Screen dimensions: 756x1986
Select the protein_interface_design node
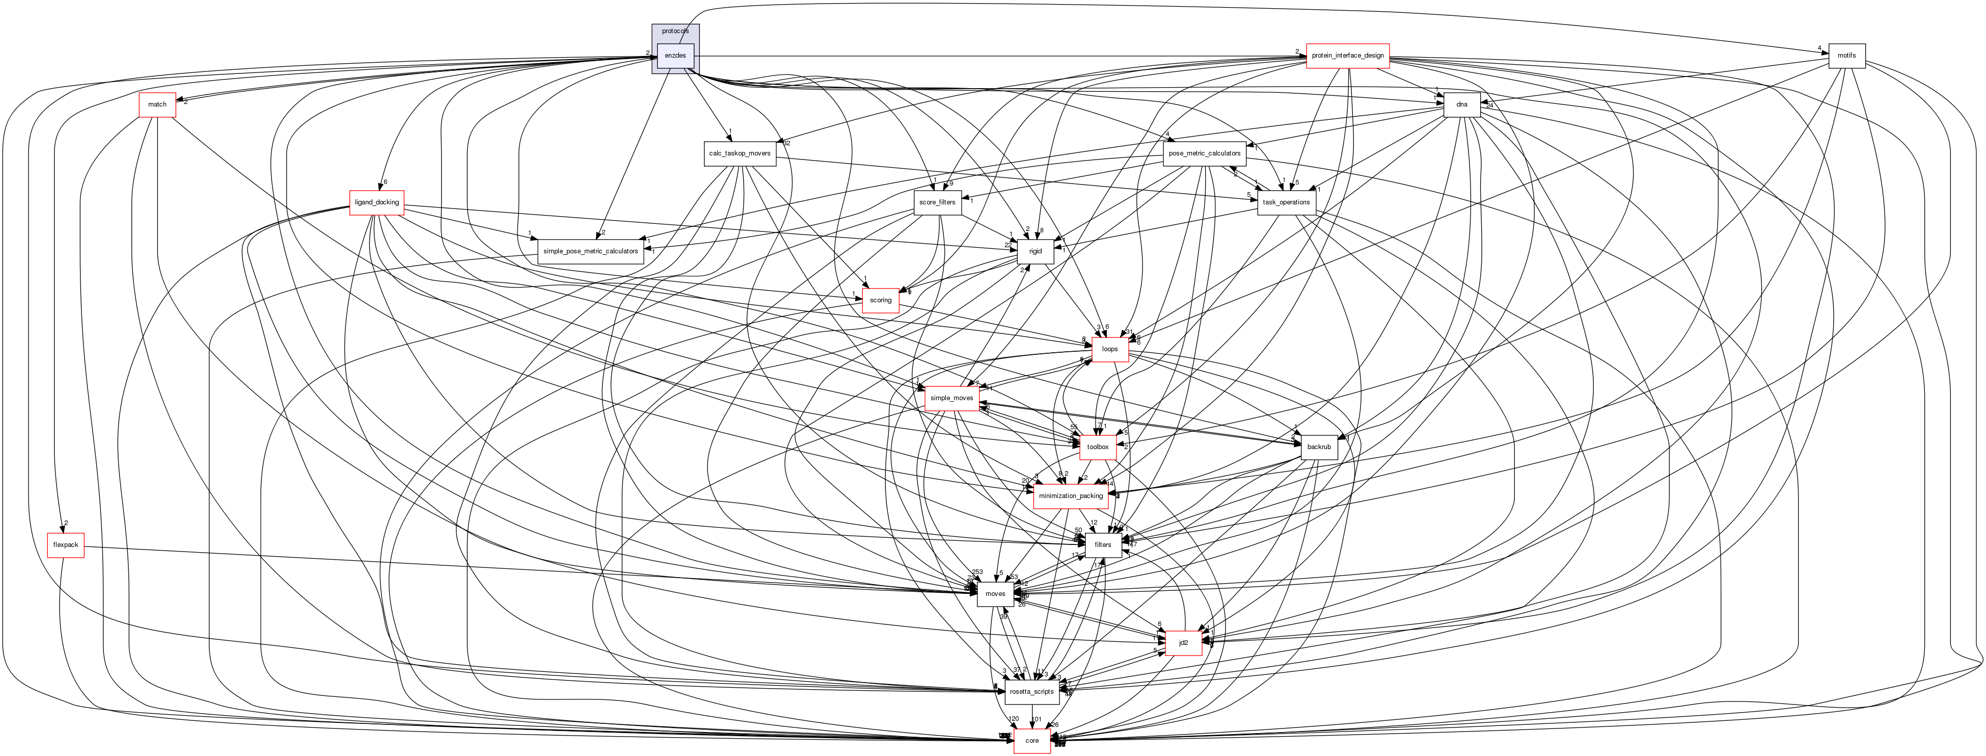click(1348, 56)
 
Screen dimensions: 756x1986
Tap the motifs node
click(1846, 56)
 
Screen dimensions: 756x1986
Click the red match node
click(157, 104)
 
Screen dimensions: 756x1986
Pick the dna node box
click(1462, 104)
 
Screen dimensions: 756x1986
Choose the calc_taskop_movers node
click(740, 153)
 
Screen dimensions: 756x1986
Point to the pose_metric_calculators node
click(1204, 153)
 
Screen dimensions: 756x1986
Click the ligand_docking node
click(376, 202)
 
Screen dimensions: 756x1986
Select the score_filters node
click(937, 202)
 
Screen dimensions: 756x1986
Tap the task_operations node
click(1286, 202)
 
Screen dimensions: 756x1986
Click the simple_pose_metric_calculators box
click(590, 251)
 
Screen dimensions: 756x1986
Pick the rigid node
click(1036, 251)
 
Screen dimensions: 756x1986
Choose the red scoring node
click(881, 300)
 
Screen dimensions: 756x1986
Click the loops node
click(1109, 349)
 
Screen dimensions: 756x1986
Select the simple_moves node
click(951, 398)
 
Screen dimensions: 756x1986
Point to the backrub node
click(1319, 447)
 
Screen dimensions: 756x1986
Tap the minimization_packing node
click(1070, 496)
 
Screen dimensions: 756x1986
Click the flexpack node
click(66, 544)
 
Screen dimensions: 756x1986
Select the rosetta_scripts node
click(1031, 691)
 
